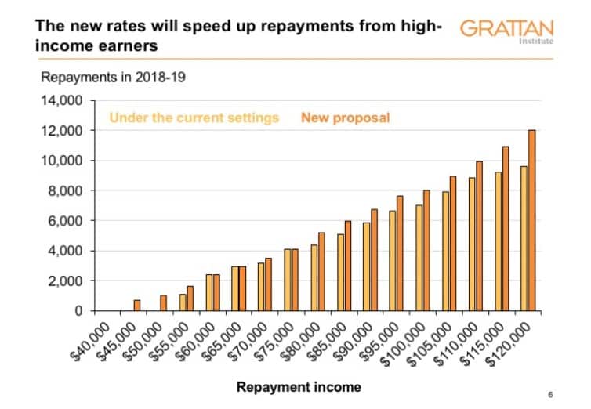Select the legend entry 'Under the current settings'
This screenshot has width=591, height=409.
pyautogui.click(x=194, y=118)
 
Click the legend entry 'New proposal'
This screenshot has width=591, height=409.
pyautogui.click(x=345, y=118)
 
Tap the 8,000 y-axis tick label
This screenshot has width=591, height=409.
pyautogui.click(x=66, y=190)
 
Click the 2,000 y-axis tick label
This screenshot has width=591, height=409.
pyautogui.click(x=66, y=281)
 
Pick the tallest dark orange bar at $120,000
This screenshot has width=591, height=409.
pyautogui.click(x=532, y=220)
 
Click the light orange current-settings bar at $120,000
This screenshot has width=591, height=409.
pyautogui.click(x=524, y=238)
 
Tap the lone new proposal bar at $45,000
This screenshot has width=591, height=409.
pyautogui.click(x=137, y=306)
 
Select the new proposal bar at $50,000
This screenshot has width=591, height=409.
pyautogui.click(x=164, y=302)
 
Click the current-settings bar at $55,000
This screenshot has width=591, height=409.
pyautogui.click(x=182, y=302)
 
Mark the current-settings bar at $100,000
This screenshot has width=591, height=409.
pyautogui.click(x=419, y=258)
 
